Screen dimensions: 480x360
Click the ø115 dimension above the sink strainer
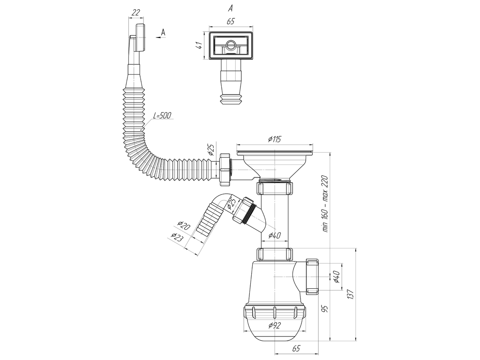(274, 139)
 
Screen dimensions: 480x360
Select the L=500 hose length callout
(162, 116)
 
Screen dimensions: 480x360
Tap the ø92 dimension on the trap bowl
(275, 325)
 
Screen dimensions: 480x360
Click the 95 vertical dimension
(325, 308)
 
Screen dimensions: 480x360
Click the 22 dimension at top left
(135, 13)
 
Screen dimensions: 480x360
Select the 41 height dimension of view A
(199, 45)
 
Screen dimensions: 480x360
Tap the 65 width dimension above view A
(231, 21)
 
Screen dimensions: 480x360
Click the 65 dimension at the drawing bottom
(296, 348)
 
